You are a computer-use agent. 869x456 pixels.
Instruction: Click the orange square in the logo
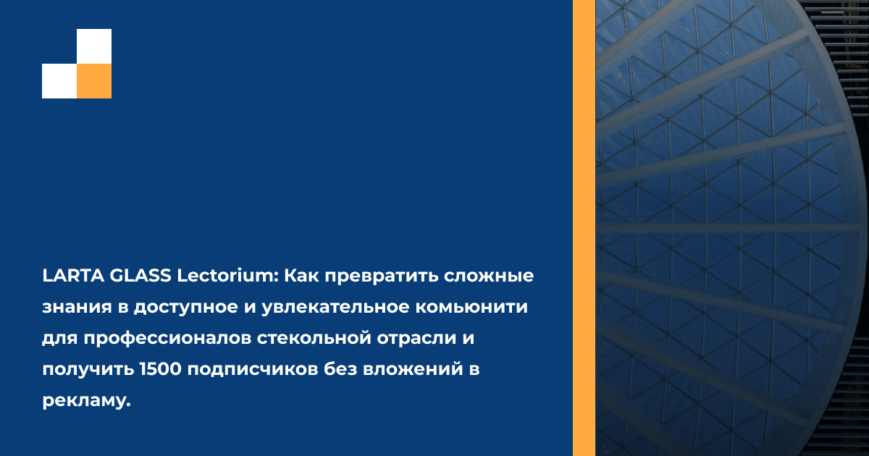coord(94,81)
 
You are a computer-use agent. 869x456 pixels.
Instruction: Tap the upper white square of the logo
coord(94,46)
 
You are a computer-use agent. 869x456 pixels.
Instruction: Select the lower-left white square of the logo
coord(59,81)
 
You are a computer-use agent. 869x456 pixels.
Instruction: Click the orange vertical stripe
coord(584,228)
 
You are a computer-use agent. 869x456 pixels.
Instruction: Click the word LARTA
coord(73,276)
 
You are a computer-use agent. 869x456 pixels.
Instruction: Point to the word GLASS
coord(140,276)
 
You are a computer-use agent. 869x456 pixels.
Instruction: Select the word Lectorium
coord(228,276)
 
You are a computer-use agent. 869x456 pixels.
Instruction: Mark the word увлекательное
coord(335,308)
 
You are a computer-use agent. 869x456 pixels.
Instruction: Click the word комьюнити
coord(471,308)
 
